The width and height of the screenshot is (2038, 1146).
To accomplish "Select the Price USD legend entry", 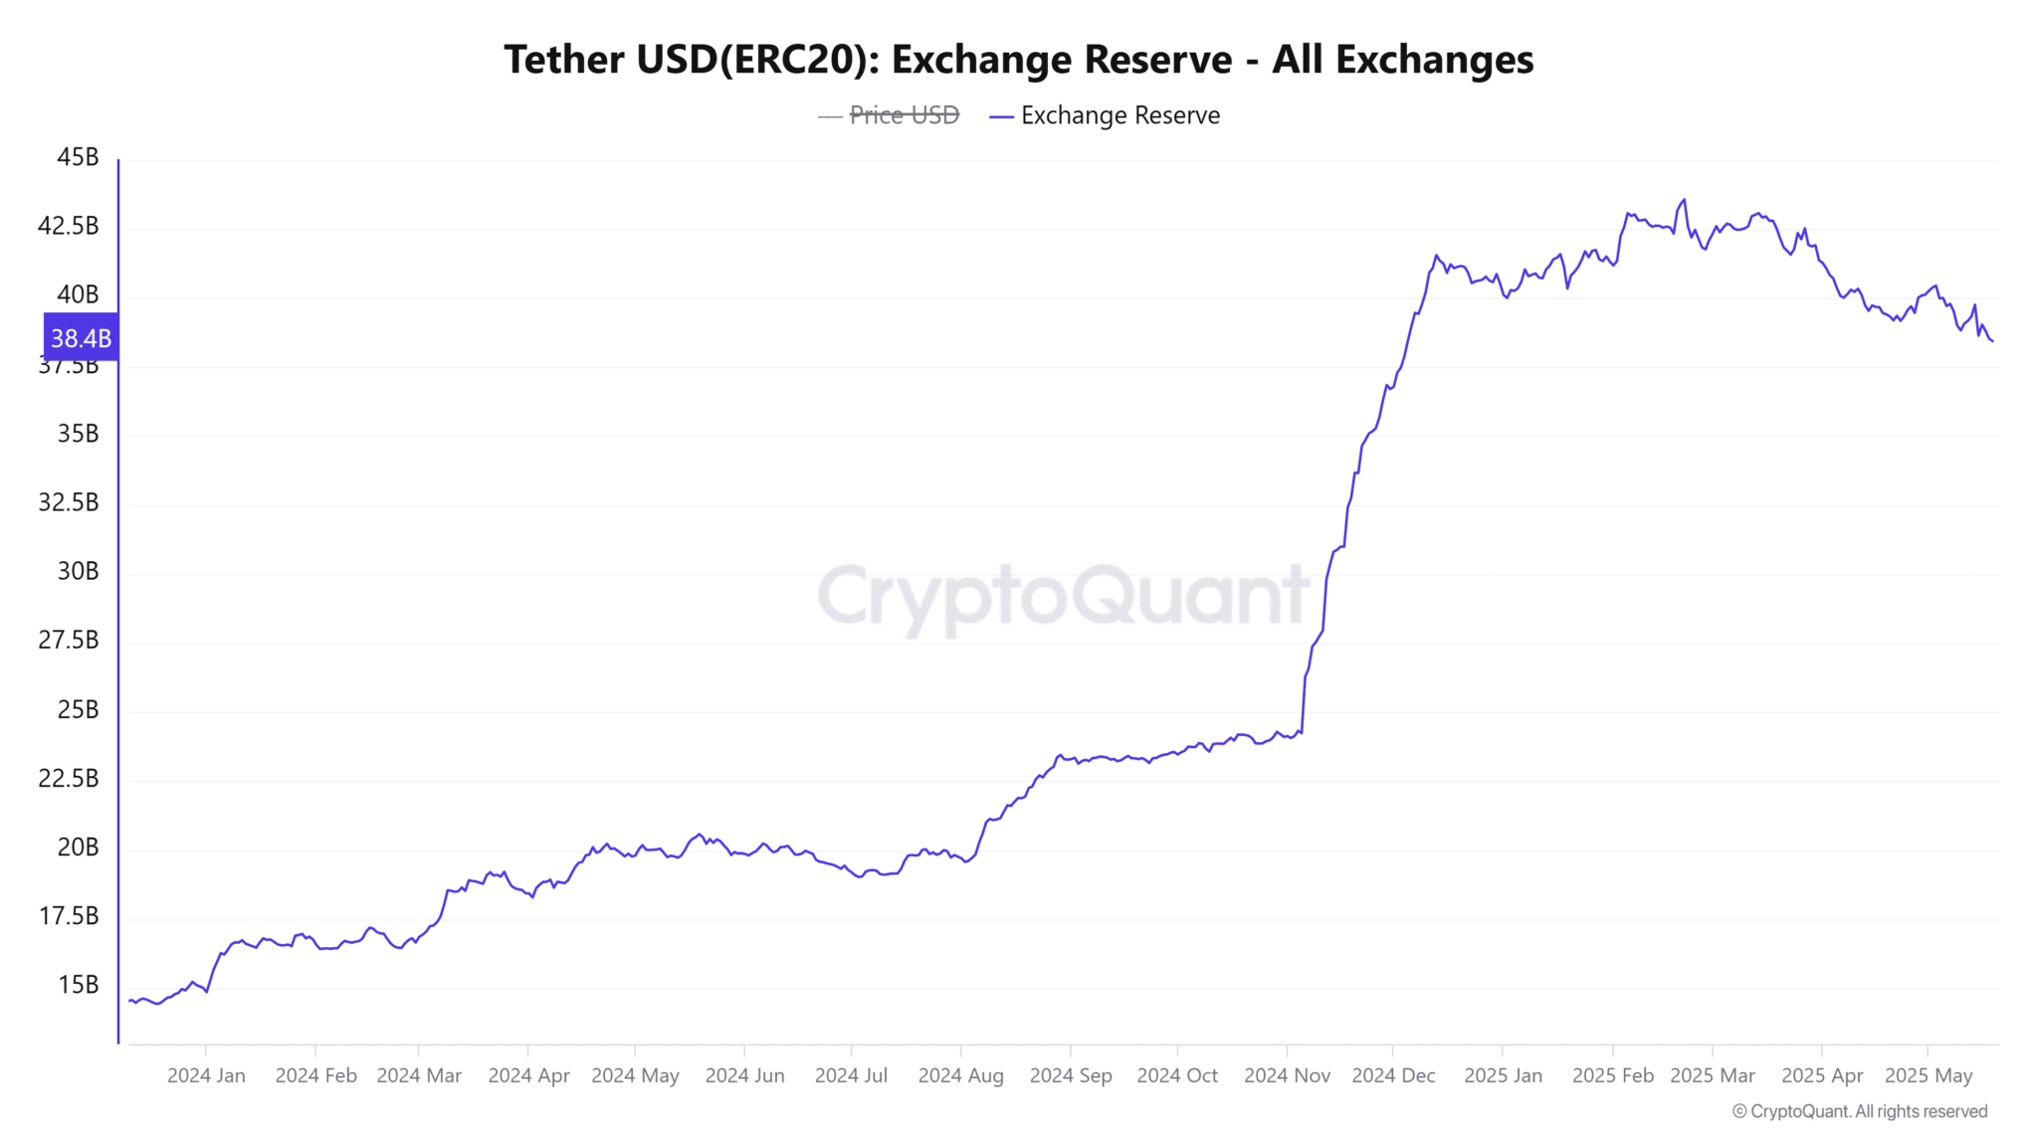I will pyautogui.click(x=904, y=115).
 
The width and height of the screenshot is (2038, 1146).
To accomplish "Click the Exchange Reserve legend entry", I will pyautogui.click(x=1120, y=115).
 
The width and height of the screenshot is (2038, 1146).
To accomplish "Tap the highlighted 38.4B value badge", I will pyautogui.click(x=81, y=338).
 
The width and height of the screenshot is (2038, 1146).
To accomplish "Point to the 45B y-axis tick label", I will pyautogui.click(x=78, y=157).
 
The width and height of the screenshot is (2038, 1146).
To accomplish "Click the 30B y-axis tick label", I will pyautogui.click(x=78, y=571).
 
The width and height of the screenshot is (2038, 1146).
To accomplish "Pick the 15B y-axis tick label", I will pyautogui.click(x=78, y=985).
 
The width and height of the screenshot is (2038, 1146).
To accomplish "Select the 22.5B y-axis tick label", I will pyautogui.click(x=69, y=778).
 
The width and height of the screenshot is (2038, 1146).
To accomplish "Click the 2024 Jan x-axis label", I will pyautogui.click(x=206, y=1075).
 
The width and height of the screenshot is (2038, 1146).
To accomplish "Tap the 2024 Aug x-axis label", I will pyautogui.click(x=960, y=1075).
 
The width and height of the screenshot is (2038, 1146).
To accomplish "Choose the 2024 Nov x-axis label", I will pyautogui.click(x=1287, y=1075).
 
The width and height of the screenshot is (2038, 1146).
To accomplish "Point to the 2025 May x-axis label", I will pyautogui.click(x=1928, y=1075).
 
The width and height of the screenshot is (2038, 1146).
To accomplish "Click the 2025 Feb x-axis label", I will pyautogui.click(x=1612, y=1075).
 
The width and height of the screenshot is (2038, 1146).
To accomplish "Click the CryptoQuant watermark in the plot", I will pyautogui.click(x=1063, y=596).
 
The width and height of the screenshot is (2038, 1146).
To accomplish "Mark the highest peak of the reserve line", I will pyautogui.click(x=1684, y=200).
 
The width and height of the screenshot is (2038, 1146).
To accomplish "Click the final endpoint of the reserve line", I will pyautogui.click(x=1992, y=341).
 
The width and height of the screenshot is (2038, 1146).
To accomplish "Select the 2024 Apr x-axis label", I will pyautogui.click(x=528, y=1075).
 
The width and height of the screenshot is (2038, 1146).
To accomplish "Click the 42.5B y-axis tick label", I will pyautogui.click(x=69, y=226).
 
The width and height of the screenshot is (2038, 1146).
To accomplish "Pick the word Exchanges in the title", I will pyautogui.click(x=1434, y=60).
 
